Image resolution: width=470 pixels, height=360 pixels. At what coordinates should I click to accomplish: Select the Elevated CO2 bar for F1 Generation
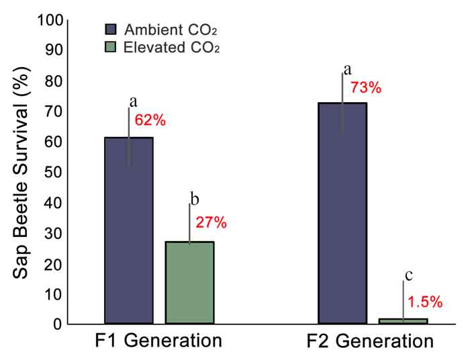pyautogui.click(x=189, y=283)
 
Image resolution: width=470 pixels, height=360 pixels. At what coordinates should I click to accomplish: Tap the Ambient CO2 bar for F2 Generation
pyautogui.click(x=342, y=214)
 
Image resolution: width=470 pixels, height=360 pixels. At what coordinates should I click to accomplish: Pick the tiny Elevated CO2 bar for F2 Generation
pyautogui.click(x=403, y=321)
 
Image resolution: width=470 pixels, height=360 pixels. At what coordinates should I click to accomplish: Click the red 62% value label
pyautogui.click(x=150, y=121)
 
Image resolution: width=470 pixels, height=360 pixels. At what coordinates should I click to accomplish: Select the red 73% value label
pyautogui.click(x=366, y=88)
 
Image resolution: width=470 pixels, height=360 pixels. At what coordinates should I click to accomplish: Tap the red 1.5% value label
pyautogui.click(x=426, y=302)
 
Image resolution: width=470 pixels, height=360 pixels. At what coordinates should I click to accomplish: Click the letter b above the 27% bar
pyautogui.click(x=195, y=199)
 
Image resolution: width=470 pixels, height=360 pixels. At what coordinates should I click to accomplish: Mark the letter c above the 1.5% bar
pyautogui.click(x=408, y=275)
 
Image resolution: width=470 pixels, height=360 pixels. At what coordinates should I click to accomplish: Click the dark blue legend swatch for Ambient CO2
pyautogui.click(x=111, y=30)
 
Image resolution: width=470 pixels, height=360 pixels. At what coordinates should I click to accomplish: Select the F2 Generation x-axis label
pyautogui.click(x=370, y=341)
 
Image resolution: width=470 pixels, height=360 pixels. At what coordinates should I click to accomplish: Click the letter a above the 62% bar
pyautogui.click(x=133, y=101)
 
